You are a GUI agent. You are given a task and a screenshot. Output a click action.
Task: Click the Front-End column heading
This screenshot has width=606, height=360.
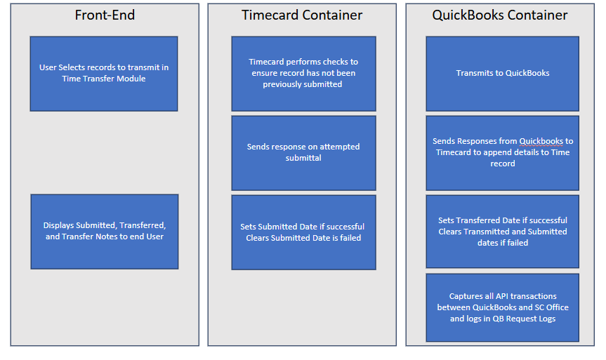[x=105, y=15]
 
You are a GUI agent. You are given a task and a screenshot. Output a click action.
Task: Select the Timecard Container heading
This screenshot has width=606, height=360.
[x=302, y=15]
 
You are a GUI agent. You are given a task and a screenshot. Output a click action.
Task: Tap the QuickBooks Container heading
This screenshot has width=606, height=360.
[x=500, y=15]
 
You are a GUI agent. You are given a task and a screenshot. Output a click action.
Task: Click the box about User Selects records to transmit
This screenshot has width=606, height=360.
[x=104, y=74]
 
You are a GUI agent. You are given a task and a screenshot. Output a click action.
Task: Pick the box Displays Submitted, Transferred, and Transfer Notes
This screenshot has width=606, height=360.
[x=105, y=232]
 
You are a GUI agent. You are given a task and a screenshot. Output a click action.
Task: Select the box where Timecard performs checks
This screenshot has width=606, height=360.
[x=303, y=74]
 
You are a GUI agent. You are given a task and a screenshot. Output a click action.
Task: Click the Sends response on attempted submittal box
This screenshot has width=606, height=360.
[x=303, y=153]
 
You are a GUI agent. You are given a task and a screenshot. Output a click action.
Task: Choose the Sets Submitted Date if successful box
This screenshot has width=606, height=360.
[x=303, y=232]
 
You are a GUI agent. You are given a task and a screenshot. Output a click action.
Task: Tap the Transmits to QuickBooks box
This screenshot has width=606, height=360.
[x=502, y=74]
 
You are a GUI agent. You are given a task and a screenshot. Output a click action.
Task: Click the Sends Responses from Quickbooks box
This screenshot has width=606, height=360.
[x=502, y=153]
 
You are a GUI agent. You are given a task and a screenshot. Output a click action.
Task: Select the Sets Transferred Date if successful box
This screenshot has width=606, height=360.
[x=502, y=232]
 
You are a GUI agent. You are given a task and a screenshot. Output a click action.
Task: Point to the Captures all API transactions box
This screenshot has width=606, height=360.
[x=502, y=307]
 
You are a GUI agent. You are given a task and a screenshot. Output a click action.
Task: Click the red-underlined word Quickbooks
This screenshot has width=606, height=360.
[x=541, y=141]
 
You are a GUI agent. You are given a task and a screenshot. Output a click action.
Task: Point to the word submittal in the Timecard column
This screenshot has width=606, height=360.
[x=303, y=158]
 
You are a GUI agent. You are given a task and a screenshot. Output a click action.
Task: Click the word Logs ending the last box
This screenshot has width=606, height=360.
[x=547, y=319]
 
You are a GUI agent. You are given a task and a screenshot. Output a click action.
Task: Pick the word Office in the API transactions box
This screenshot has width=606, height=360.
[x=558, y=307]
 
